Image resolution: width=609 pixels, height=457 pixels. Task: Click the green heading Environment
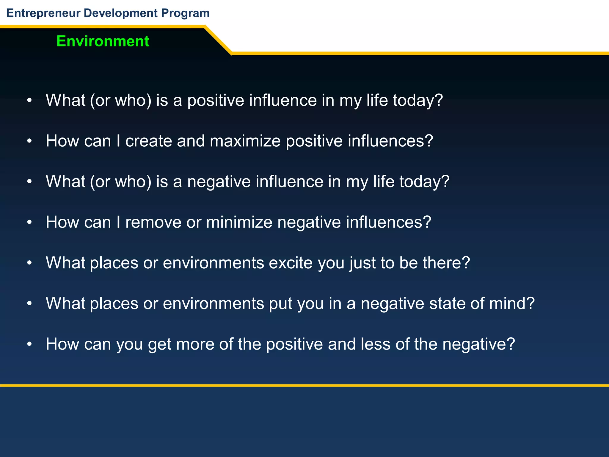click(103, 41)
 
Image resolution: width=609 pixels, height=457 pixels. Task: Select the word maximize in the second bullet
click(245, 141)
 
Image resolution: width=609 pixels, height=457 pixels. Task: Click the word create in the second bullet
click(149, 141)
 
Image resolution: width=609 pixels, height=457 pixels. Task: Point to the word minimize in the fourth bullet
click(239, 222)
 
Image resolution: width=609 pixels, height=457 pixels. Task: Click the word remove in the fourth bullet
click(153, 222)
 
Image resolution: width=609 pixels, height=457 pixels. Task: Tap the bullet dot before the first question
click(29, 101)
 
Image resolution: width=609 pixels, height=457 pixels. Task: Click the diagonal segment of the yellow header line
click(218, 40)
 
